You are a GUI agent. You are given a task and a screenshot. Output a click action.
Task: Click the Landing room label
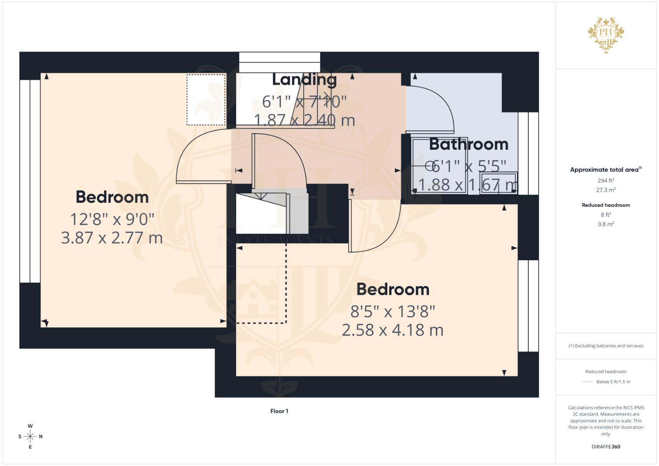click(x=304, y=79)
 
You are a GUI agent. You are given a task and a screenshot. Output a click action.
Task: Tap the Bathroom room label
click(x=469, y=144)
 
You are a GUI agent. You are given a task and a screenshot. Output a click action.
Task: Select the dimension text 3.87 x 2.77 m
click(x=112, y=238)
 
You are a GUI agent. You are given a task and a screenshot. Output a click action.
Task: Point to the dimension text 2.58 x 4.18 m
click(x=392, y=330)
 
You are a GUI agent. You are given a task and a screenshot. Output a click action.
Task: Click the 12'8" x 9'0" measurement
click(x=112, y=219)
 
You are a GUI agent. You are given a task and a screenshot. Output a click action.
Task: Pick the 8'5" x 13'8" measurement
click(x=392, y=311)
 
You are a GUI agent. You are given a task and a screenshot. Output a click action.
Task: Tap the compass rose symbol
click(x=30, y=437)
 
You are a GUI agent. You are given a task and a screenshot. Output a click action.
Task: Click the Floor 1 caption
click(x=279, y=411)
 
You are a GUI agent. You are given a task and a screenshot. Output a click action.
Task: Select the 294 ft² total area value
click(x=606, y=180)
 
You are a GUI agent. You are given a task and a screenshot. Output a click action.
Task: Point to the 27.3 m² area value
click(x=606, y=190)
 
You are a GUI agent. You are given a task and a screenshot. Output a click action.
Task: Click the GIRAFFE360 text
click(x=606, y=447)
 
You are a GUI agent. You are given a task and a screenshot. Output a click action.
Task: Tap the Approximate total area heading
click(x=605, y=170)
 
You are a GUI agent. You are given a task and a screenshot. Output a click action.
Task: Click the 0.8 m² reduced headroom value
click(x=606, y=224)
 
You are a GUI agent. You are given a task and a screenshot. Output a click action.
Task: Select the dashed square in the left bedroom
click(x=206, y=100)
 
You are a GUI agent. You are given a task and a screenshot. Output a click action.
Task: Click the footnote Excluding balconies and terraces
click(x=606, y=346)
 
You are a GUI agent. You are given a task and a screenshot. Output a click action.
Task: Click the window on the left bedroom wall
click(x=30, y=181)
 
